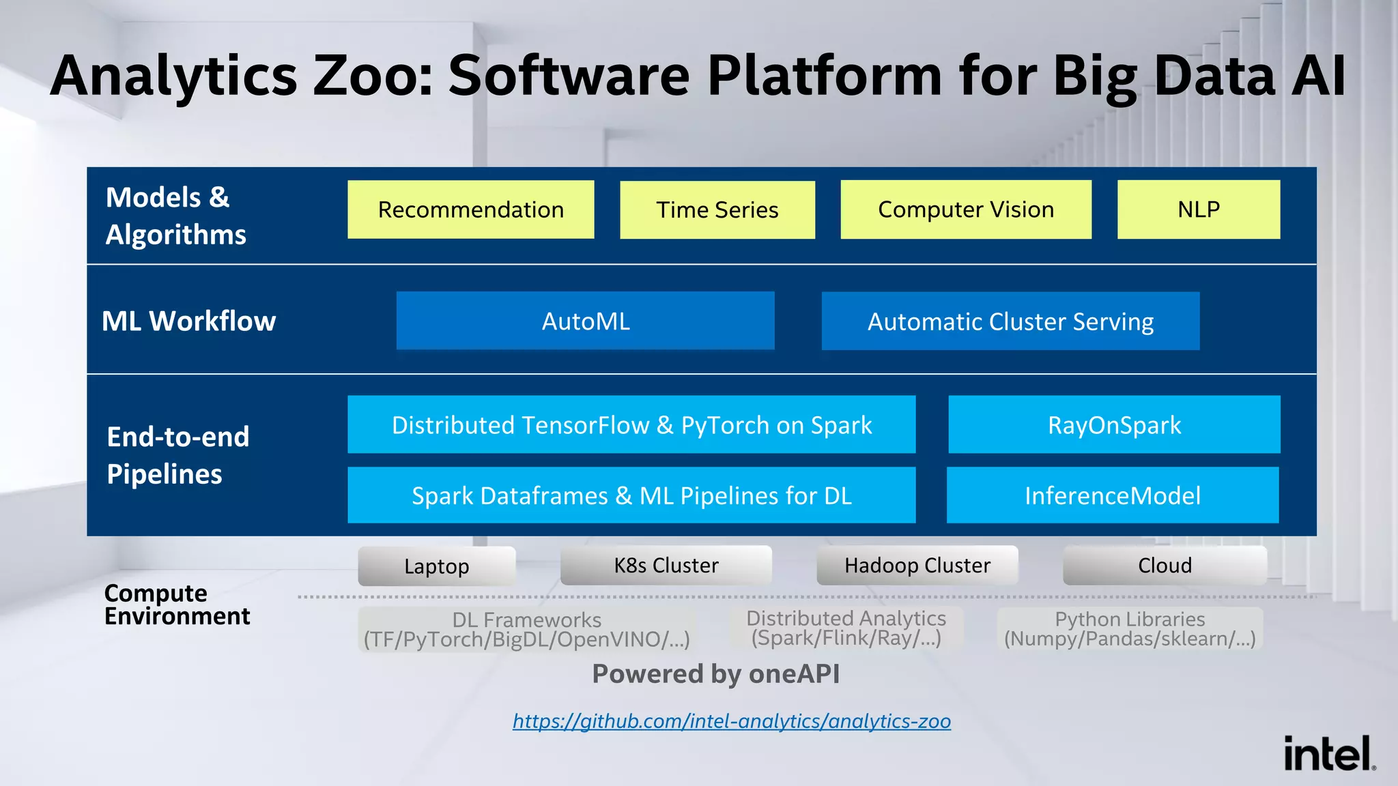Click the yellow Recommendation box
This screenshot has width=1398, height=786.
tap(470, 209)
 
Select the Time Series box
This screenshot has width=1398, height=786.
tap(717, 209)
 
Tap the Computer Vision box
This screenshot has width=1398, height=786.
tap(965, 209)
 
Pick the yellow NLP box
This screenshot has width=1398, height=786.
tap(1198, 209)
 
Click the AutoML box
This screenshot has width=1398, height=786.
tap(585, 321)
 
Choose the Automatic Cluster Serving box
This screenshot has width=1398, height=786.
tap(1010, 321)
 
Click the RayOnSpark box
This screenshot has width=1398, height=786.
tap(1114, 424)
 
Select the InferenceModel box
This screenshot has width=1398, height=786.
tap(1112, 495)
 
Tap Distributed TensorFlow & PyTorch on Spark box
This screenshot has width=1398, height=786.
tap(631, 424)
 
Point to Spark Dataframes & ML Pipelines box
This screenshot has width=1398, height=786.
tap(631, 495)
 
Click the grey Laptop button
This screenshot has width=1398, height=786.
tap(436, 566)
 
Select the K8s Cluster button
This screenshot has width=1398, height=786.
tap(666, 565)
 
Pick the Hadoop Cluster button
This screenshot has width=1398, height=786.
tap(917, 565)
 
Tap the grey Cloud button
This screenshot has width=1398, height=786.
tap(1165, 565)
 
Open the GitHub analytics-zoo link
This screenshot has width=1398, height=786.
tap(731, 721)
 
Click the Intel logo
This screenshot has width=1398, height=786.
tap(1328, 753)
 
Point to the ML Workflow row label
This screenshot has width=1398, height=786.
tap(189, 321)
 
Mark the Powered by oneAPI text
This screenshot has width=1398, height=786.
tap(715, 673)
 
